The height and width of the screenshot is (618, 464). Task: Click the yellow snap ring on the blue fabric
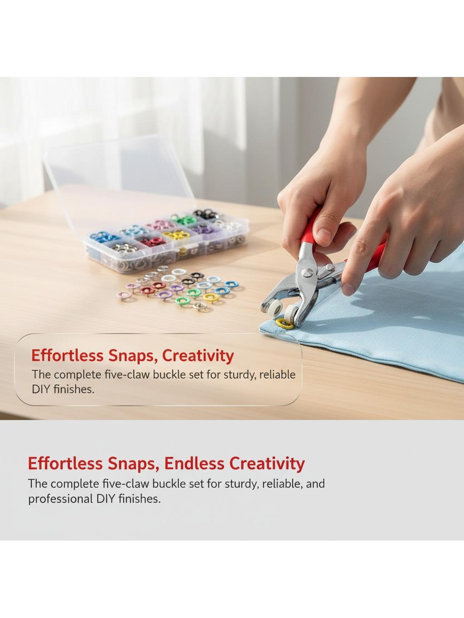(285, 324)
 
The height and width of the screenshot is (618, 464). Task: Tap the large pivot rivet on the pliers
(307, 272)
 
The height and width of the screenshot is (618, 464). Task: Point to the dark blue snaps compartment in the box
(105, 237)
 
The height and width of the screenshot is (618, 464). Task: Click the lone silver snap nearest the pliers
(201, 307)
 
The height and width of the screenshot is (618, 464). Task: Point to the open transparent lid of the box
(120, 180)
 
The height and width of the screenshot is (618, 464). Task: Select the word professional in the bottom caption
(60, 499)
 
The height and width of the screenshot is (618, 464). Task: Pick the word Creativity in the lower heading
(266, 464)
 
